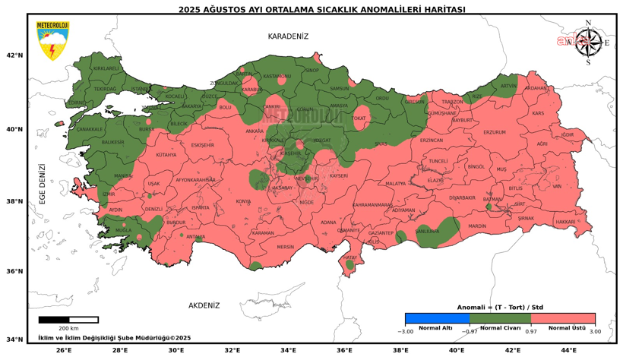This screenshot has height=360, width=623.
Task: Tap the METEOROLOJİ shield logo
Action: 52,41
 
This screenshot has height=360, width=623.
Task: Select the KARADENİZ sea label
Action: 288,36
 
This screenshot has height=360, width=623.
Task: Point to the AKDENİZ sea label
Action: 204,305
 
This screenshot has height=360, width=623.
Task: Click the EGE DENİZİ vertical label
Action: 43,184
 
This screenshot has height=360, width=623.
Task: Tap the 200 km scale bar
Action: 68,320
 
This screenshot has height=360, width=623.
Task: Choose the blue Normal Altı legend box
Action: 437,319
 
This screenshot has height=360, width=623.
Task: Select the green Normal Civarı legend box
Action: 501,319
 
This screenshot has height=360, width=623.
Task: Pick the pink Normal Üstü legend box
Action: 563,319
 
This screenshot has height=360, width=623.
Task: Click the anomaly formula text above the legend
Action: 500,307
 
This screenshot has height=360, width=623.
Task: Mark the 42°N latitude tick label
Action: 14,55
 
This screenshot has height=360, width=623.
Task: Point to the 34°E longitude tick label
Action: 289,350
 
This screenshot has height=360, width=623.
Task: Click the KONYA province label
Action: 243,201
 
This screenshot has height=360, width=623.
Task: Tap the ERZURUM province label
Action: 494,132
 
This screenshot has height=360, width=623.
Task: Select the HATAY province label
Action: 349,257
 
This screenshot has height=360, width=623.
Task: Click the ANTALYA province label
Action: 196,236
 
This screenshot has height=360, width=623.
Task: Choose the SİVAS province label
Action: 380,143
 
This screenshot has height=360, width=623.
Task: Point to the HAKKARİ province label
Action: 565,222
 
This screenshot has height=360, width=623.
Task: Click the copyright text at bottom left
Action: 114,338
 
